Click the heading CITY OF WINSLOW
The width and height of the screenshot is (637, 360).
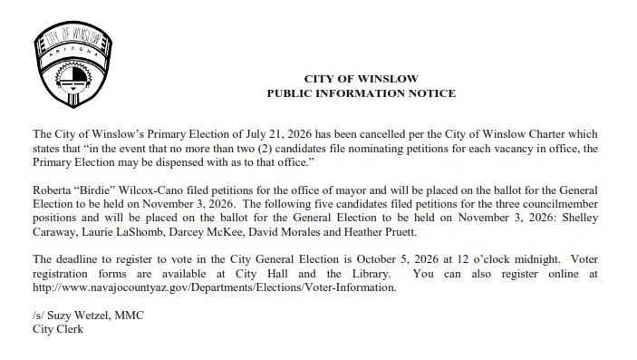click(361, 80)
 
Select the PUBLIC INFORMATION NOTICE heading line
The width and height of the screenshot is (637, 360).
click(361, 94)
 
